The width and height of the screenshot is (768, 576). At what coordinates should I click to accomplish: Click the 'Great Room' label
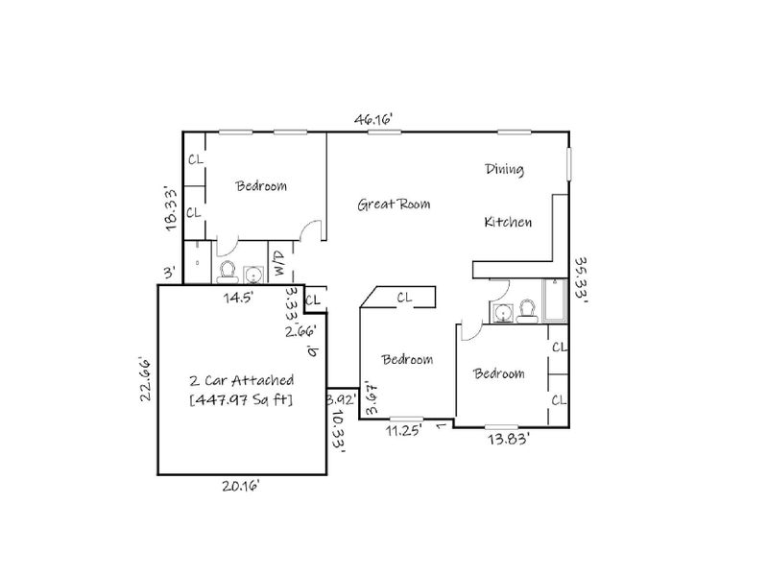(x=394, y=204)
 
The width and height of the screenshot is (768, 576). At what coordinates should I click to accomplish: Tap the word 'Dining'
(x=504, y=170)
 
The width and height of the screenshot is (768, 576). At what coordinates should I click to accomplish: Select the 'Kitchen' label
(x=507, y=222)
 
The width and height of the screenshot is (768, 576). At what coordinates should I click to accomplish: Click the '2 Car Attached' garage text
(x=241, y=380)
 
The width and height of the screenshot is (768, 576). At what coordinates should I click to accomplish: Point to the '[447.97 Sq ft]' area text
(x=241, y=398)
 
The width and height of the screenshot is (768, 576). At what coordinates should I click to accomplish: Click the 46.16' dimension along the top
(x=374, y=119)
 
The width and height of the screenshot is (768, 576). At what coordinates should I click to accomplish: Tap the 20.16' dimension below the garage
(x=241, y=486)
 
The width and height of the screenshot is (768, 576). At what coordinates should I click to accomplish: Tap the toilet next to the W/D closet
(x=228, y=271)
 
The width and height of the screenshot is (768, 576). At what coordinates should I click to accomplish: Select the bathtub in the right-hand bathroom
(x=556, y=300)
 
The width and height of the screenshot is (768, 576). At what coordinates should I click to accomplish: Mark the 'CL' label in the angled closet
(x=404, y=299)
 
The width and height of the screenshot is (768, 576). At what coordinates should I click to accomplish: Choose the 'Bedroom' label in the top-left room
(x=261, y=186)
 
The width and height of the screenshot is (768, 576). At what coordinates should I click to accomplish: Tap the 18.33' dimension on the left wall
(x=171, y=208)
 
